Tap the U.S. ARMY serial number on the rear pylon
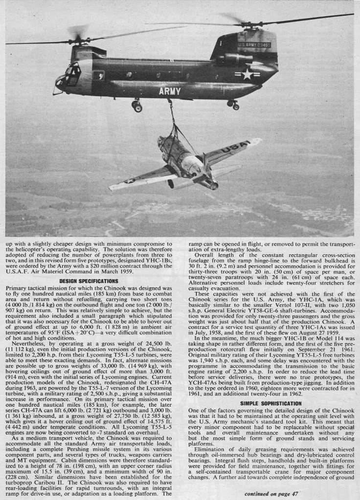[x=254, y=44]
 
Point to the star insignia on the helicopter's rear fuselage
[x=248, y=74]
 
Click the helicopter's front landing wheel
[x=137, y=106]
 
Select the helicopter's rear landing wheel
[x=234, y=105]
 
